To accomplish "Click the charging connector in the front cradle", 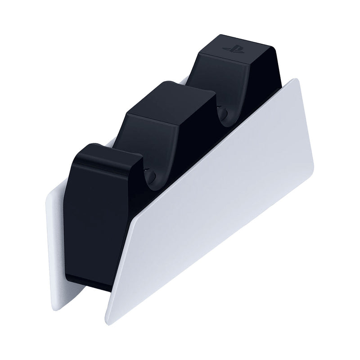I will (x=150, y=173).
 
